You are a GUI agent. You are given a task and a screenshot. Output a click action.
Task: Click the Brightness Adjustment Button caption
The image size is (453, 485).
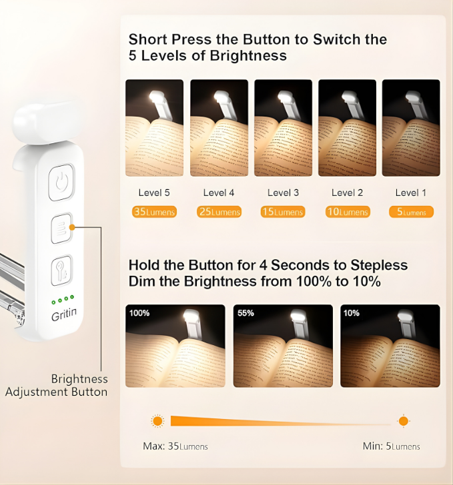(x=56, y=385)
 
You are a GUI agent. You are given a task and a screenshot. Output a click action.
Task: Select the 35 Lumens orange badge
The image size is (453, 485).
(x=154, y=213)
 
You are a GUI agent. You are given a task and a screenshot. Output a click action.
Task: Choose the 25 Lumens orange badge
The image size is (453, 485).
(x=219, y=213)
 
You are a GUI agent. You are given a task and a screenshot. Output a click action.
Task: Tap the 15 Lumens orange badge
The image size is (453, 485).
(x=283, y=213)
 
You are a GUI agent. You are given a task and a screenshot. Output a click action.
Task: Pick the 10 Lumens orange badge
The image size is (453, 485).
(x=347, y=213)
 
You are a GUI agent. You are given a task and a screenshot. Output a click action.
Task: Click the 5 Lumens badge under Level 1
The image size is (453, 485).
(x=411, y=213)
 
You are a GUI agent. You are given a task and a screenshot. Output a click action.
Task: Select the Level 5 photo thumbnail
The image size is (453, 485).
(x=154, y=128)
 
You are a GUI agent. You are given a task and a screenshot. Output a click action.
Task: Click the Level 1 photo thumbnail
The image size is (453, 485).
(x=411, y=128)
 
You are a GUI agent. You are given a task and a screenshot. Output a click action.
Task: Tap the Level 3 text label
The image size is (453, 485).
(x=283, y=193)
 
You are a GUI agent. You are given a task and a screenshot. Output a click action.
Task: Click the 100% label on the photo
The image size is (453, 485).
(x=139, y=313)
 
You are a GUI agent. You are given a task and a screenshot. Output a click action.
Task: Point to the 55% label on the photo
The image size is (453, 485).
(x=245, y=313)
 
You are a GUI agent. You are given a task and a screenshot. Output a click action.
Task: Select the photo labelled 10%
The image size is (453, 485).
(x=390, y=346)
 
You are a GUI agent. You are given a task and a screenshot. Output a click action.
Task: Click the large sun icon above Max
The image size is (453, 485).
(x=157, y=421)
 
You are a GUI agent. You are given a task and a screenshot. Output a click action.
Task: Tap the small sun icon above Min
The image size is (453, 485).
(x=403, y=421)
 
